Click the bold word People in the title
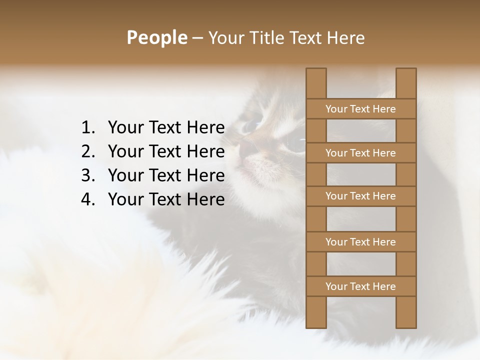[156, 37]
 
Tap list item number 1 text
[166, 128]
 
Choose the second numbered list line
[166, 151]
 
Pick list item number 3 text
[166, 175]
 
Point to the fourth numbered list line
[166, 199]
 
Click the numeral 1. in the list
[88, 128]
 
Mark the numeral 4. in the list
[88, 199]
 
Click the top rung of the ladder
[360, 109]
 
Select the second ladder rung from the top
[360, 153]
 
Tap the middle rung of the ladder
[360, 196]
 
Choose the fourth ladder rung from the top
[360, 242]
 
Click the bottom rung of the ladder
[360, 286]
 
